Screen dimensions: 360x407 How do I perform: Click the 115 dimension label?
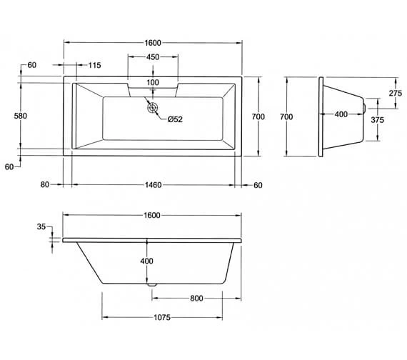coord(94,66)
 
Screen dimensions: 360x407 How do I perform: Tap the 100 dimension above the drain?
coord(153,83)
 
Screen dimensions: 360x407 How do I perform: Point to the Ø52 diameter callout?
coord(175,119)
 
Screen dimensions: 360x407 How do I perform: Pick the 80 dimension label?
coord(45,185)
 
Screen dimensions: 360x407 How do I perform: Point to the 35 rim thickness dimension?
coord(41,227)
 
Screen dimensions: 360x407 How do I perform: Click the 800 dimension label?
coord(197,298)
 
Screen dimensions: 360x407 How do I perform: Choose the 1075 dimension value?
coord(164,318)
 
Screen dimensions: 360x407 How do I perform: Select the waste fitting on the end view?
coord(363,108)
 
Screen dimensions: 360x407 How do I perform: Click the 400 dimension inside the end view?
coord(341,114)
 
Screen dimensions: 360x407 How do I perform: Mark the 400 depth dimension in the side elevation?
coord(147,261)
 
